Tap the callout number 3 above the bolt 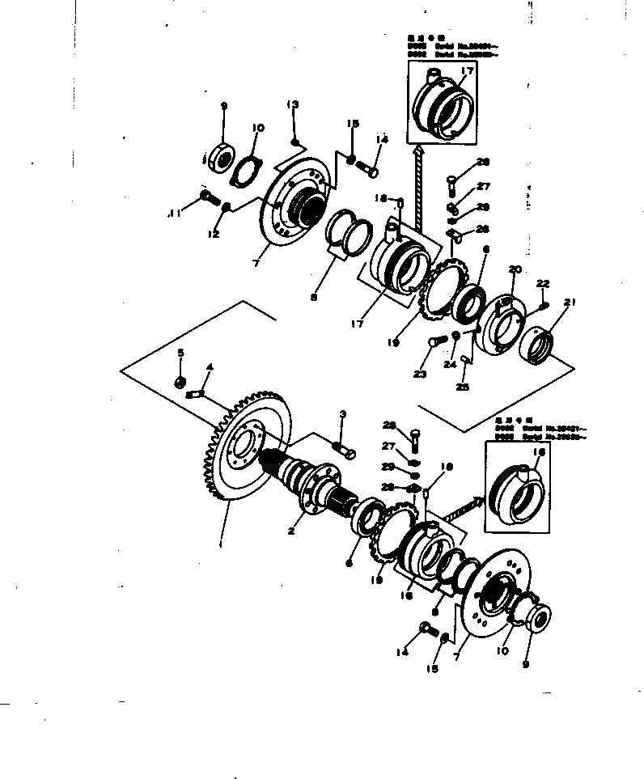[x=342, y=414]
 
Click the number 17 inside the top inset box [x=466, y=72]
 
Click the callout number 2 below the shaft [x=291, y=531]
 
